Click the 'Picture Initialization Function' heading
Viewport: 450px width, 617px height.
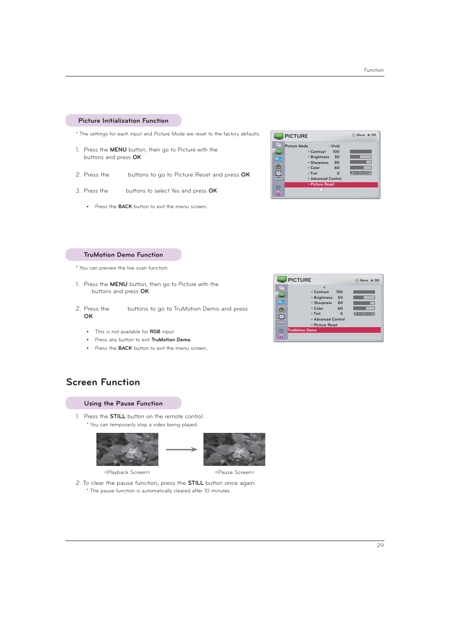tap(123, 121)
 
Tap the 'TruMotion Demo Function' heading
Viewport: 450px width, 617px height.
tap(123, 255)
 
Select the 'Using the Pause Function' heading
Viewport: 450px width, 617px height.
tap(123, 404)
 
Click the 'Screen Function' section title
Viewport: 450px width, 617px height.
tap(103, 382)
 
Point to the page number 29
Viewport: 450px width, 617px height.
tap(380, 545)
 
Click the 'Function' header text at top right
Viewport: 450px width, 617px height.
tap(374, 70)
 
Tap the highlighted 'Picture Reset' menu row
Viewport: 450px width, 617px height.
tap(331, 185)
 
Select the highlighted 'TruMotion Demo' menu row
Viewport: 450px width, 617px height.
tap(333, 330)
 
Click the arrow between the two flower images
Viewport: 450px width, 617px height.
tap(181, 449)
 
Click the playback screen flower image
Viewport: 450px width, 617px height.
tap(127, 449)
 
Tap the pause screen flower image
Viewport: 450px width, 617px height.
tap(234, 449)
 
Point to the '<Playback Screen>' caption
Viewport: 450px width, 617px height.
tap(127, 473)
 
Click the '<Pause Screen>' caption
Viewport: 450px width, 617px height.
tap(234, 473)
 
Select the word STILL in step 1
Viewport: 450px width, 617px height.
tap(117, 417)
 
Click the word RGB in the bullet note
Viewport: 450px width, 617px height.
tap(155, 332)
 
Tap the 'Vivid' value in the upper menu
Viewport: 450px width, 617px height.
tap(335, 146)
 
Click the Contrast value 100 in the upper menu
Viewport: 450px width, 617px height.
tap(336, 152)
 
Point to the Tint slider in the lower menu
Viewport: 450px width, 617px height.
tap(364, 314)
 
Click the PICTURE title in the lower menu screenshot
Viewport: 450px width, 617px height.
tap(300, 280)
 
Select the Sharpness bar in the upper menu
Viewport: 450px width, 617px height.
tap(361, 162)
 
